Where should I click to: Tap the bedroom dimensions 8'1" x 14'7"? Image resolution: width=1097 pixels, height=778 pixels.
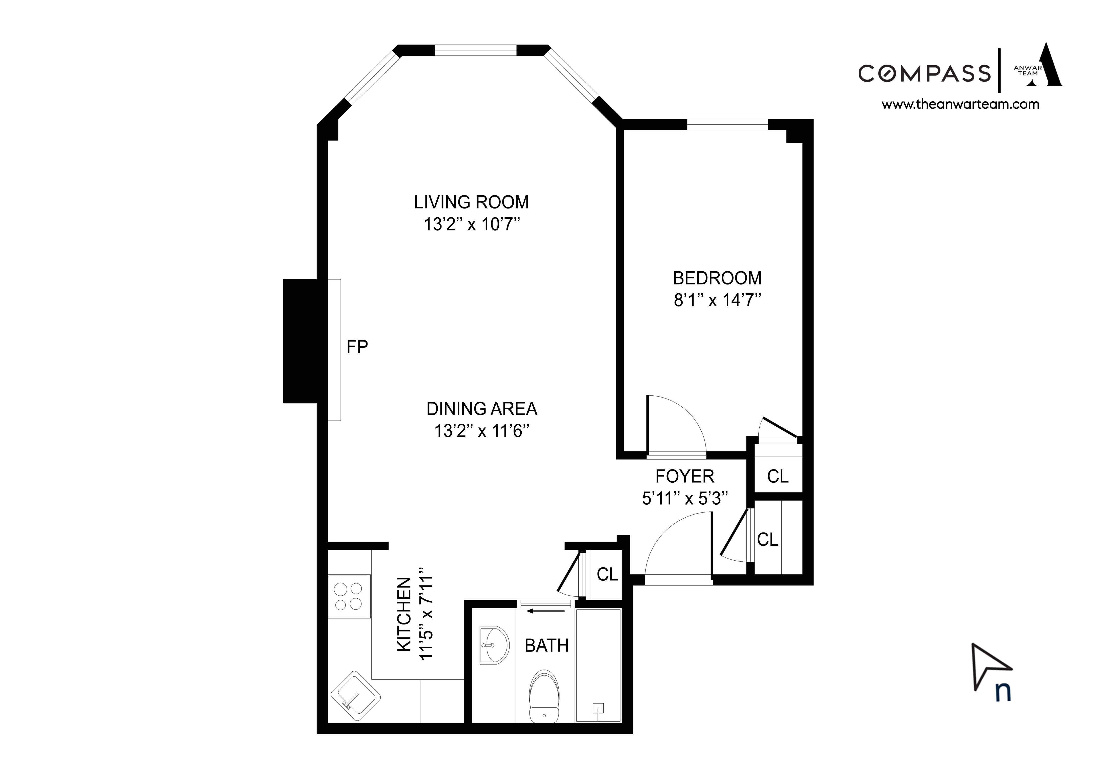pos(717,300)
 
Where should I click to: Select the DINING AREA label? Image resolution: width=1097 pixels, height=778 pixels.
pos(481,409)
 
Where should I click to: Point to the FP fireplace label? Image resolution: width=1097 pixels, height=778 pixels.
pos(357,347)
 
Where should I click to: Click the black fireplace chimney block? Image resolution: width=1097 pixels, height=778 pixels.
pos(300,341)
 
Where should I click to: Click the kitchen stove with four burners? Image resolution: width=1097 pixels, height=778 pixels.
pos(349,596)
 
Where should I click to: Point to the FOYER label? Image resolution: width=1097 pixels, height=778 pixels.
pos(684,477)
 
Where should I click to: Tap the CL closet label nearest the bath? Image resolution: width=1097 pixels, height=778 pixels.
pos(607,574)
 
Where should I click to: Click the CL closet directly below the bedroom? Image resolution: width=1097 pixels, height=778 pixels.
pos(778,476)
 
